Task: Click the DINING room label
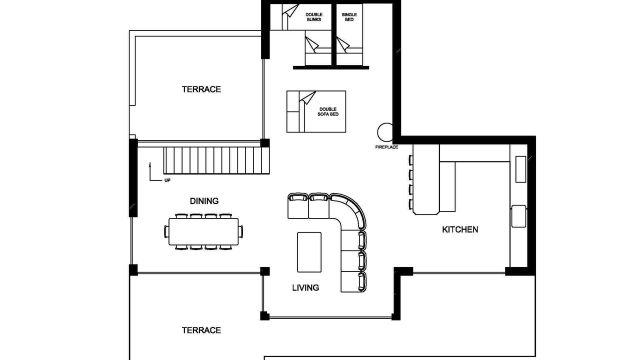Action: click(204, 201)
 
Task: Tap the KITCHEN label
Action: click(460, 229)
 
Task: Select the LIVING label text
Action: click(305, 287)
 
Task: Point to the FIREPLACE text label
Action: click(386, 147)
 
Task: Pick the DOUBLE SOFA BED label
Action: click(328, 111)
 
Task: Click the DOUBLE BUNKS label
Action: click(314, 17)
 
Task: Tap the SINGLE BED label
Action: click(349, 17)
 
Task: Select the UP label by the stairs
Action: click(167, 180)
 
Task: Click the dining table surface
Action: click(203, 231)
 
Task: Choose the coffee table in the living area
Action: click(309, 252)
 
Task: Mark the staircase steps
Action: click(216, 160)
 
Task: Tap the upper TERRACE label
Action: click(201, 89)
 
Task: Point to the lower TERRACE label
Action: click(201, 330)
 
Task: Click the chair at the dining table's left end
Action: click(166, 231)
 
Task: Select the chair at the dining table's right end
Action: click(241, 231)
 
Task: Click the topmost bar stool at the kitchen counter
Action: click(411, 160)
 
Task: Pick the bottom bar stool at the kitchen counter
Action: click(411, 204)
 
